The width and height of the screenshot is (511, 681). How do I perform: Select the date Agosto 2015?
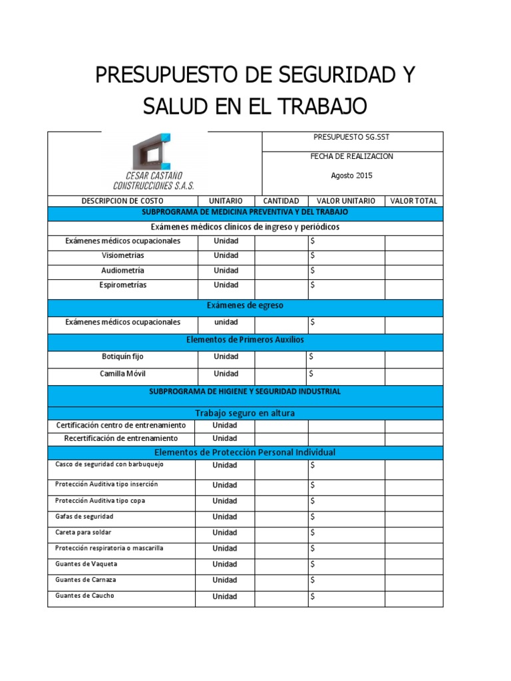tap(352, 176)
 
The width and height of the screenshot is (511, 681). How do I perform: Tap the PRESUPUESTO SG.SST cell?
tap(352, 138)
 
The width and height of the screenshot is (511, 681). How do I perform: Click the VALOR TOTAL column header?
tap(413, 201)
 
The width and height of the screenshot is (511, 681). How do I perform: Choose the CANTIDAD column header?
tap(281, 201)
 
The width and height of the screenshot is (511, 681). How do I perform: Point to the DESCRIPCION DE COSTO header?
tap(122, 201)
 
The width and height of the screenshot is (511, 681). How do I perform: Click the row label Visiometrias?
tap(122, 255)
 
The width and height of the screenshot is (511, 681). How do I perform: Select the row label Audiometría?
tap(122, 271)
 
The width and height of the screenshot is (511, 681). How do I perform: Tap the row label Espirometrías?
tap(122, 285)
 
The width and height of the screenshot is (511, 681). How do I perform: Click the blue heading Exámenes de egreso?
tap(246, 306)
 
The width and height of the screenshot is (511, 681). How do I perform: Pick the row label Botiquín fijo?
tap(122, 357)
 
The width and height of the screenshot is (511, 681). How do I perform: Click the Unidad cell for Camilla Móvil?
tap(226, 374)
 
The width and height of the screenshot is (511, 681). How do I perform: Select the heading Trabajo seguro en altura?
tap(246, 414)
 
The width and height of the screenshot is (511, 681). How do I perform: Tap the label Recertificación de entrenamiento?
tap(121, 439)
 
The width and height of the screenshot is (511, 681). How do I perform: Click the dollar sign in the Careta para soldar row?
tap(312, 533)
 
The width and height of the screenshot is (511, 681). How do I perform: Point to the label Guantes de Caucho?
tap(85, 596)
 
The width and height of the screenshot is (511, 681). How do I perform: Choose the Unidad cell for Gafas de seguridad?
tap(225, 517)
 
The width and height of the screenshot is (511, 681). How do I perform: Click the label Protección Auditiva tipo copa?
tap(100, 500)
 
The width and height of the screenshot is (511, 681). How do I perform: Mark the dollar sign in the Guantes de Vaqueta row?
tap(312, 565)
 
